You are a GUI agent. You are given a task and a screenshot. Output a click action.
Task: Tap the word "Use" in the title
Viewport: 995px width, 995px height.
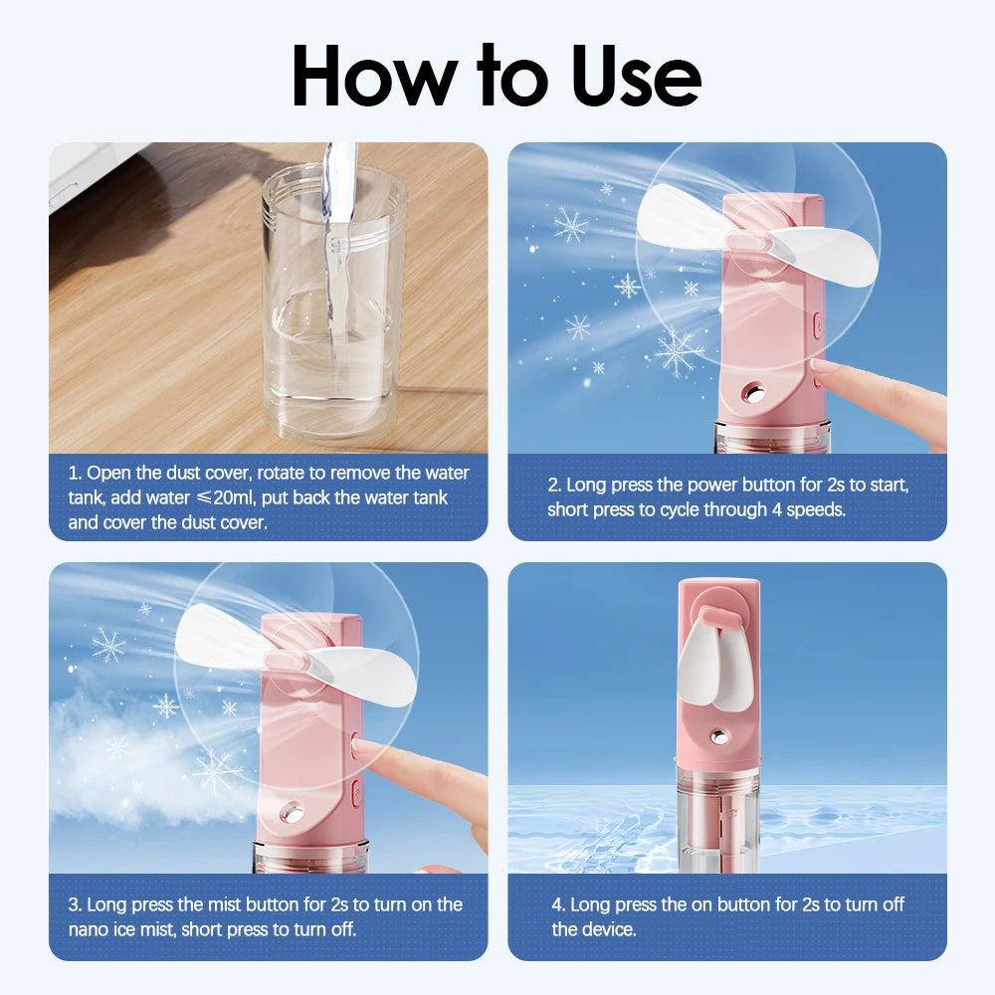click(636, 77)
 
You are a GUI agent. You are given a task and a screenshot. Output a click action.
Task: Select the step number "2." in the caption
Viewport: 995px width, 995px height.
click(554, 486)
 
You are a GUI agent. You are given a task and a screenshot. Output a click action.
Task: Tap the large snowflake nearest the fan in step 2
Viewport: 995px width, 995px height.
click(679, 351)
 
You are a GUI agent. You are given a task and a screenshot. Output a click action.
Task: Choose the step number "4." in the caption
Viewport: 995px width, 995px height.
click(559, 904)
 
